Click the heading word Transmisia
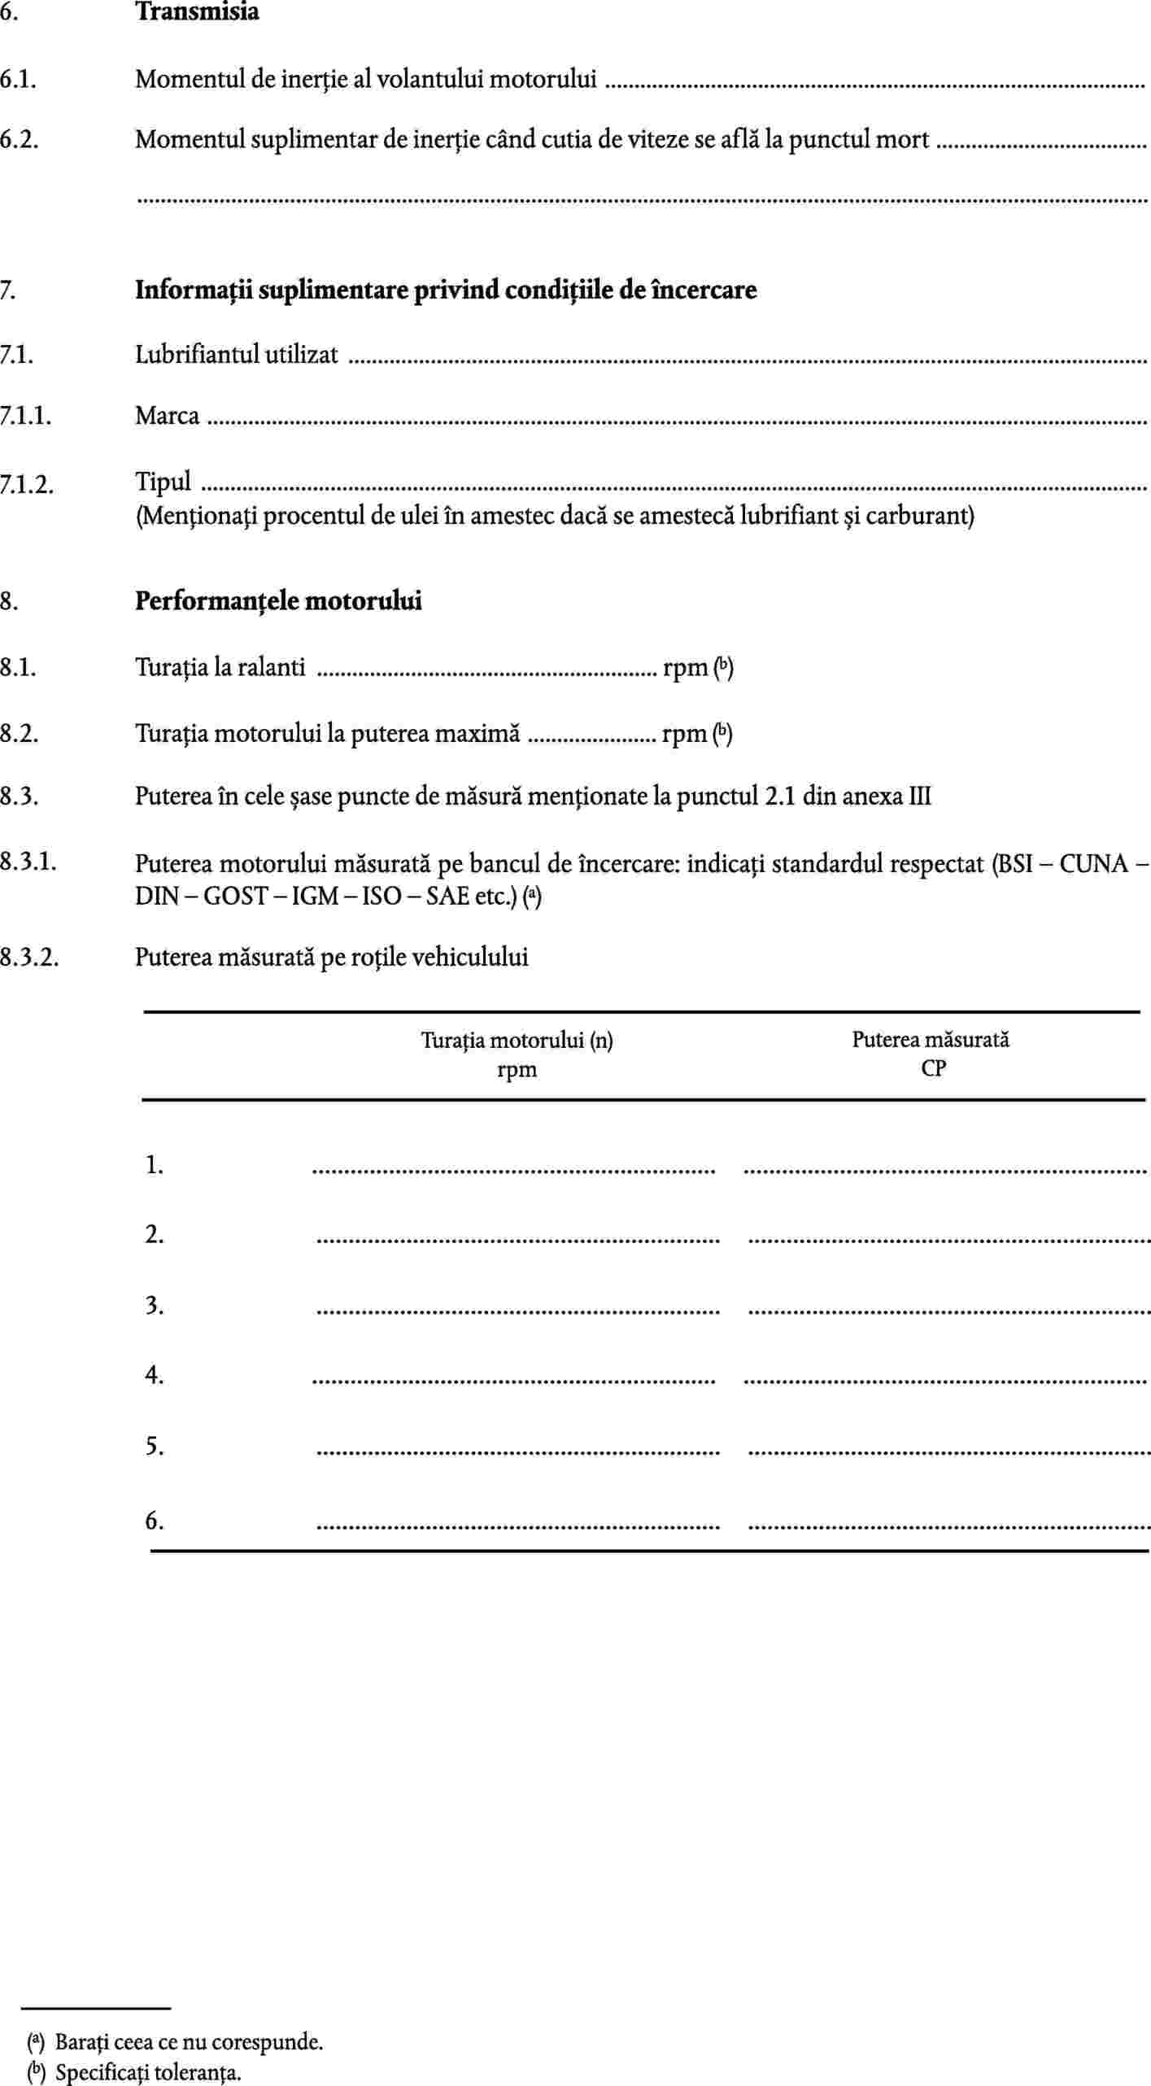[x=197, y=12]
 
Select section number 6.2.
[x=20, y=140]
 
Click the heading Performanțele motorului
[x=278, y=601]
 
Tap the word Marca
[x=167, y=416]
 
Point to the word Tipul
[x=163, y=482]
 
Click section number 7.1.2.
[x=27, y=484]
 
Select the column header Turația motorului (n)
[x=517, y=1040]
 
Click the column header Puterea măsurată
[x=931, y=1039]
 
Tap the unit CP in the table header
[x=933, y=1068]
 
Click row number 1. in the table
[x=155, y=1165]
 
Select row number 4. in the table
[x=155, y=1375]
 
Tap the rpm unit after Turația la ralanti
[x=685, y=668]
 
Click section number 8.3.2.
[x=29, y=957]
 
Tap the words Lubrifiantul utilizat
[x=236, y=355]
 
